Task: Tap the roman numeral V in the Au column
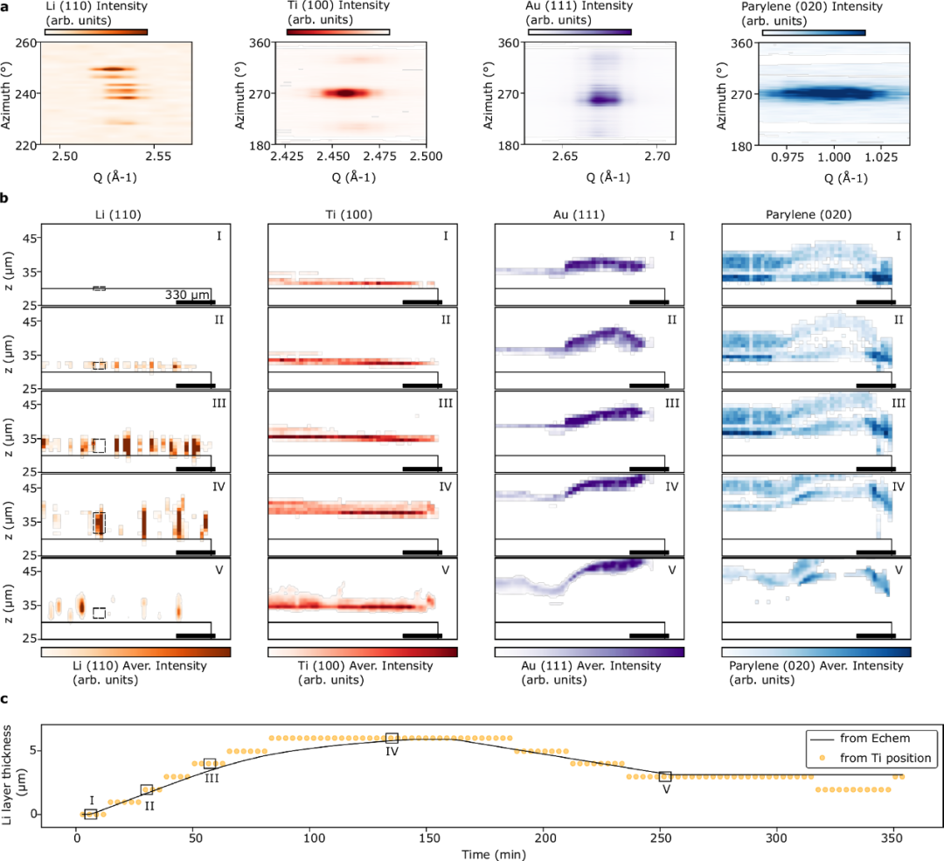671,570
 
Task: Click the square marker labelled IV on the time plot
392,739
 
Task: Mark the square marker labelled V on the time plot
665,776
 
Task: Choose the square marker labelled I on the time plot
91,814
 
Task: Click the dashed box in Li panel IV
99,523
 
